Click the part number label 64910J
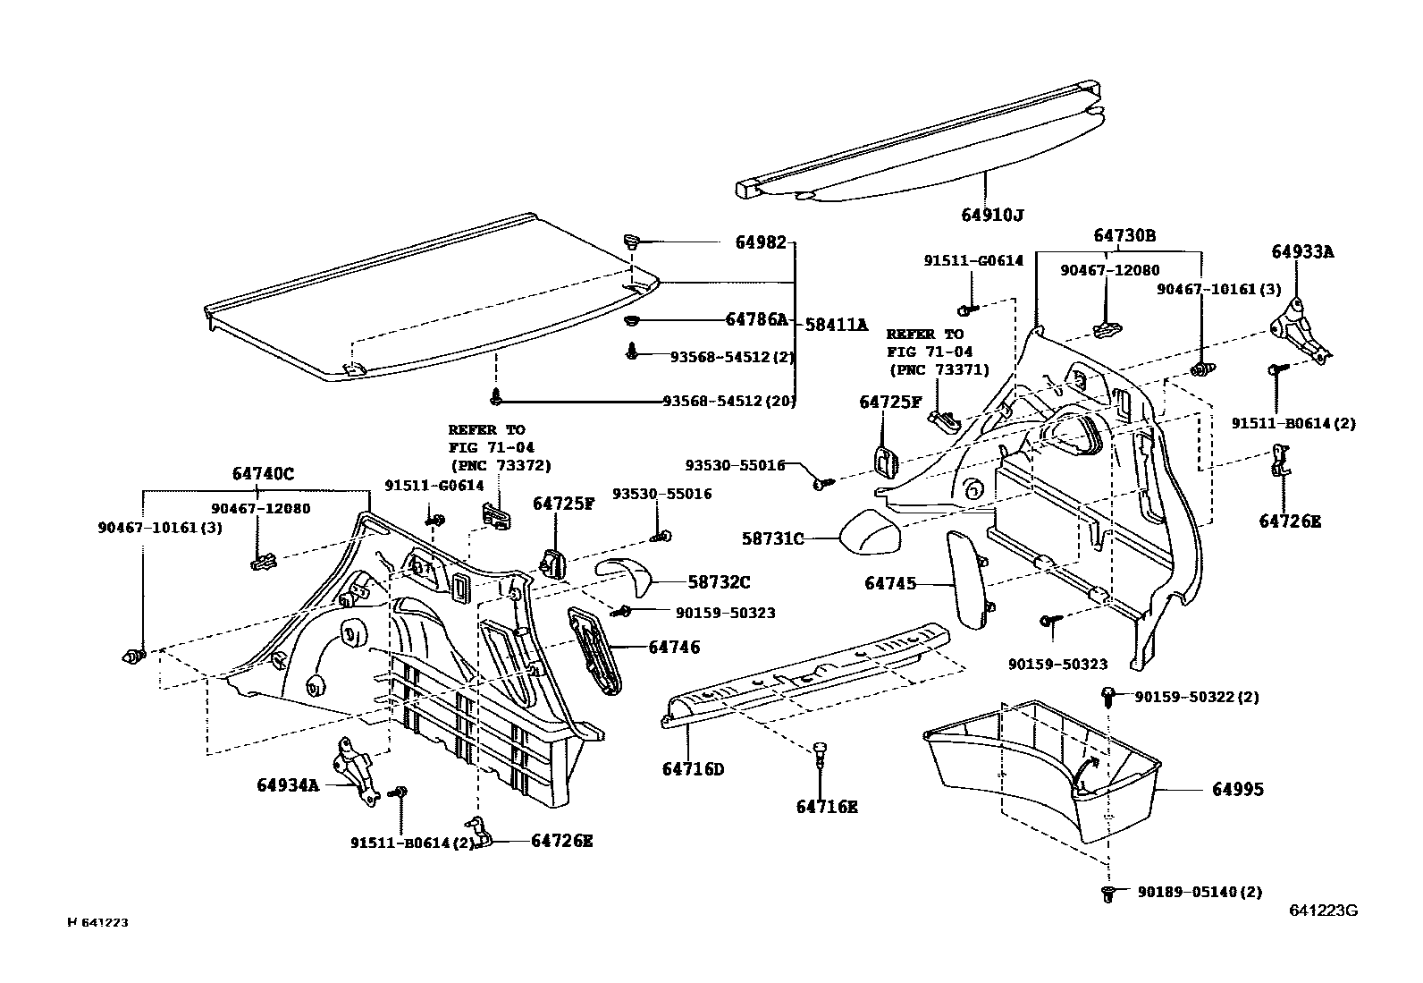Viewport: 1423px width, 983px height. (x=992, y=216)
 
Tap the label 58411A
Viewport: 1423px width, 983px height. (x=837, y=325)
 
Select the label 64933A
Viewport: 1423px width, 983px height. (x=1302, y=252)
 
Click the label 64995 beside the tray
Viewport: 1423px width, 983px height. (x=1238, y=790)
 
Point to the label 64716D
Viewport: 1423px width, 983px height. (x=693, y=769)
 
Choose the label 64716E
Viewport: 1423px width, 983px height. (x=827, y=807)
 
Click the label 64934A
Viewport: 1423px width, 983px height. (x=287, y=785)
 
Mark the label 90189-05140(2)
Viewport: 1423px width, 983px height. (x=1200, y=892)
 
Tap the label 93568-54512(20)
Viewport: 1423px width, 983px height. (x=728, y=401)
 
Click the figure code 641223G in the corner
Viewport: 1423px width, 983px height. (x=1324, y=911)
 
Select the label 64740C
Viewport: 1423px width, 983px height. (x=263, y=474)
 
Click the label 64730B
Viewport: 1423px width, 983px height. (x=1124, y=236)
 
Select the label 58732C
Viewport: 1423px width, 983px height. (x=719, y=582)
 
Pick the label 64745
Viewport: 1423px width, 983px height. (x=890, y=583)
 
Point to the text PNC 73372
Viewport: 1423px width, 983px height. (x=501, y=465)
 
